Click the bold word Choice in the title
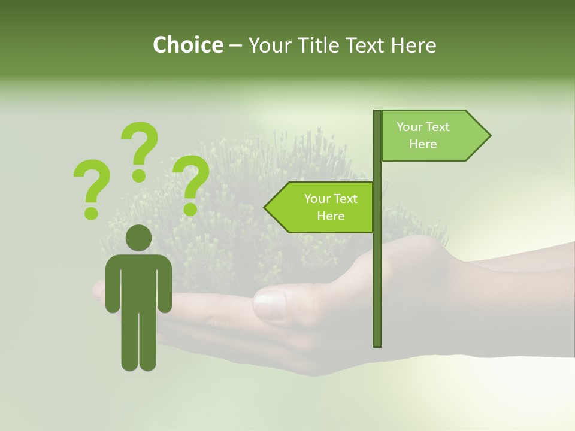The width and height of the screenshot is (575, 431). coord(187,45)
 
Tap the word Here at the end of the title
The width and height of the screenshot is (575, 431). coord(413,45)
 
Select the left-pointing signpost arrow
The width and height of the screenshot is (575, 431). coord(320,207)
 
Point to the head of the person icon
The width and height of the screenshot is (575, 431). coord(138,238)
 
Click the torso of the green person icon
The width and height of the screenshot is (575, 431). coord(138,281)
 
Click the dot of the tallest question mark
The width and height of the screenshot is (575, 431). coord(139,175)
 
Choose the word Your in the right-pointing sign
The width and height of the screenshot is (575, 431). coord(410,127)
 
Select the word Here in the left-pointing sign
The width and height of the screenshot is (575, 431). coord(331,216)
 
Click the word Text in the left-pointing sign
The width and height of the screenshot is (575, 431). coord(346,199)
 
